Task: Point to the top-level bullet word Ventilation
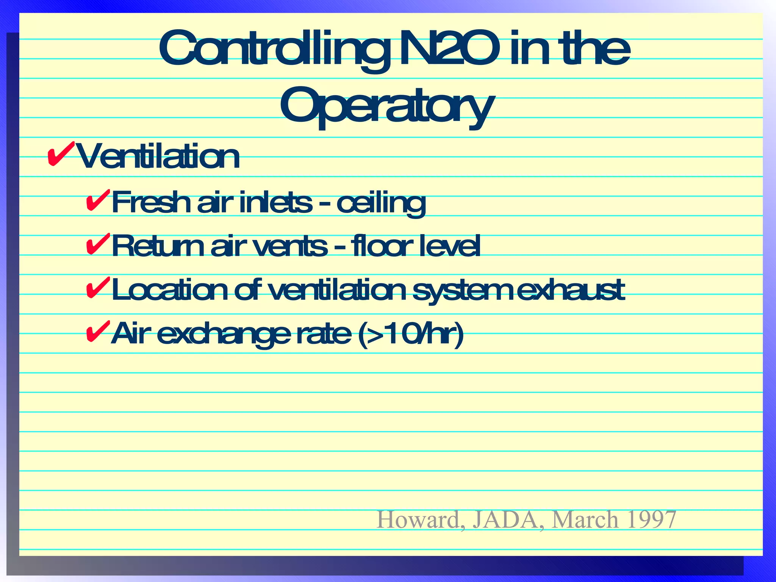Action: click(x=158, y=156)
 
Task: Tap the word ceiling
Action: click(x=381, y=203)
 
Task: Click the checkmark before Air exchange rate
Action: click(x=98, y=331)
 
